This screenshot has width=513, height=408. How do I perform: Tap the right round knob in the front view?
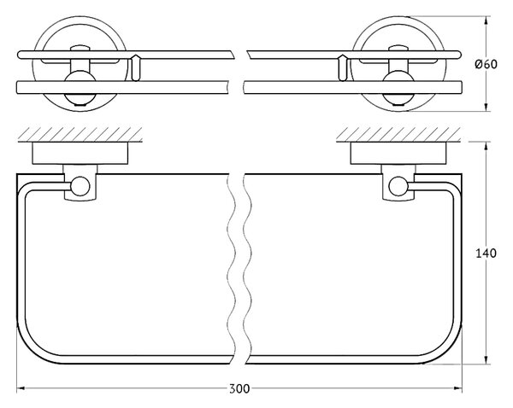pos(398,84)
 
